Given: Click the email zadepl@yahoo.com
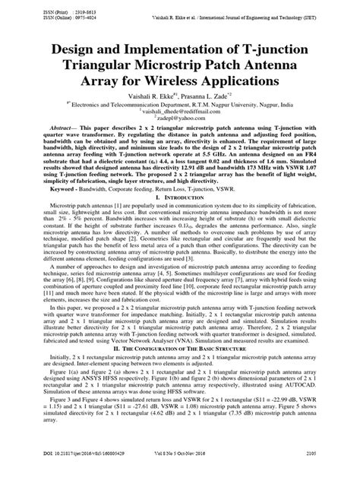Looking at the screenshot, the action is pyautogui.click(x=181, y=119).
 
